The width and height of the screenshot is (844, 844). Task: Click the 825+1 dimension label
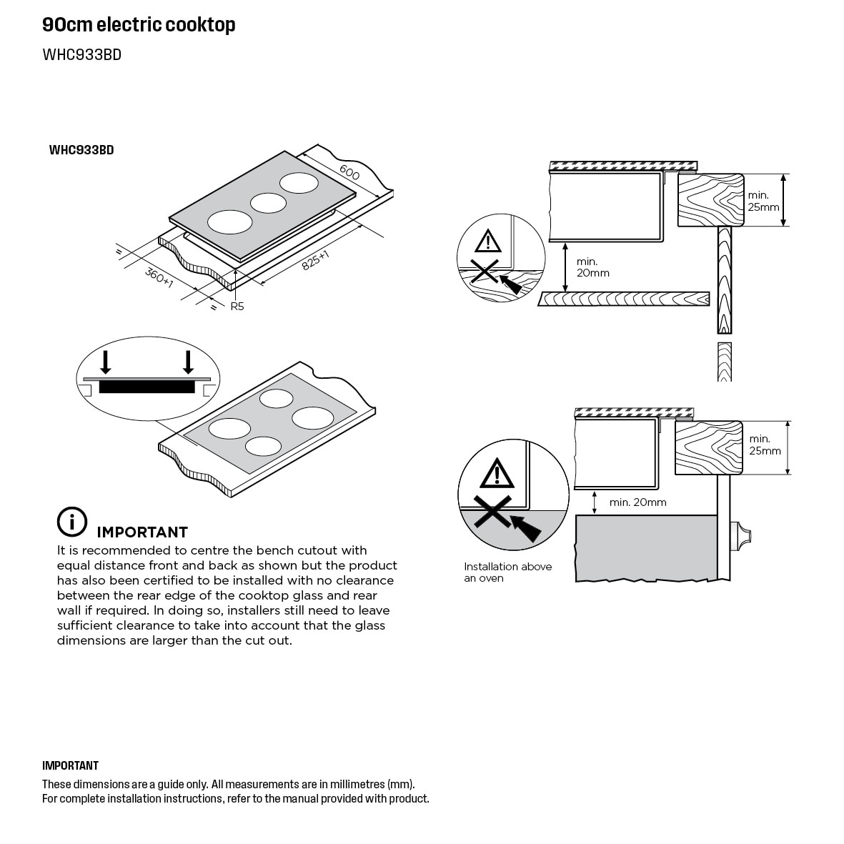point(315,260)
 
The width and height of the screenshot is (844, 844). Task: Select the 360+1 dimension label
point(159,277)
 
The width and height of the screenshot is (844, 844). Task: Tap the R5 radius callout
point(237,307)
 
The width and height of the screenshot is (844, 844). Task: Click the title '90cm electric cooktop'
point(139,25)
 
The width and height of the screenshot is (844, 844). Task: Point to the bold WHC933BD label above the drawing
point(81,150)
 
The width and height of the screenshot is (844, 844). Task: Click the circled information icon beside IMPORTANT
point(71,522)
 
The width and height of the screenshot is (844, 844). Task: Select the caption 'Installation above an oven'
point(507,572)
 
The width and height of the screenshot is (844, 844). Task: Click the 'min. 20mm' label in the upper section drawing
point(592,267)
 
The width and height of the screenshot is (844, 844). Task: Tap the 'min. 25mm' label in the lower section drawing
point(765,445)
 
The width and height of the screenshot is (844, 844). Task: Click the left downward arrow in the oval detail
point(106,361)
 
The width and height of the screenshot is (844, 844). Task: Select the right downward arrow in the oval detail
point(188,361)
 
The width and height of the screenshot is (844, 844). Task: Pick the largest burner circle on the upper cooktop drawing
point(229,222)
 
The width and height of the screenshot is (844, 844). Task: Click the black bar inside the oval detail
point(147,387)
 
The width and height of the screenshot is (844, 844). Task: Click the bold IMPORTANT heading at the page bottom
point(70,766)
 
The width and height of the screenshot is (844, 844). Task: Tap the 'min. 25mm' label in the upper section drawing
point(763,201)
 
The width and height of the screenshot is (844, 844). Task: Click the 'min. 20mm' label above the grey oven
point(637,502)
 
